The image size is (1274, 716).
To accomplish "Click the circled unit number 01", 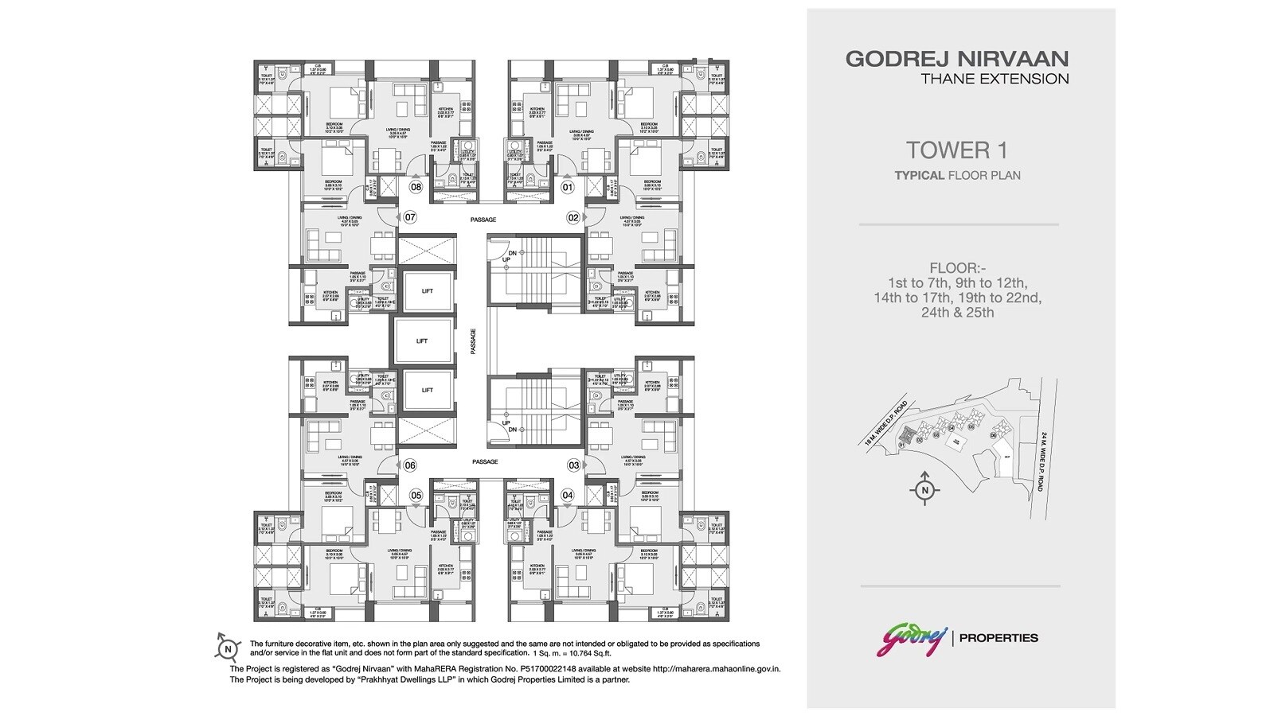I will click(567, 188).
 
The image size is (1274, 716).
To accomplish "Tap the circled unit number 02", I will click(573, 216).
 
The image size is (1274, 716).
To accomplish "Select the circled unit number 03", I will click(573, 465).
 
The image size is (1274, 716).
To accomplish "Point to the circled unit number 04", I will click(567, 495).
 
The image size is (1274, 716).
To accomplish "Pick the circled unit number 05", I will click(416, 495).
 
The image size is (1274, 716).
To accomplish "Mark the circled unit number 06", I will click(410, 465).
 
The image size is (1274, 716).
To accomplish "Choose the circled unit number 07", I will click(410, 216).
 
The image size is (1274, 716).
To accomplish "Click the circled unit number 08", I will click(416, 188).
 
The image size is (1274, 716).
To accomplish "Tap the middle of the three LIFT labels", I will click(422, 340).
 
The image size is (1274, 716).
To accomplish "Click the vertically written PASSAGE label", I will click(472, 340).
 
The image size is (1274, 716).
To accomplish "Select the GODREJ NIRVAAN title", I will click(957, 59).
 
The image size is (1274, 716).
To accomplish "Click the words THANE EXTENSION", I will click(995, 79).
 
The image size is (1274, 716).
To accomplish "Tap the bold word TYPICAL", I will click(919, 175).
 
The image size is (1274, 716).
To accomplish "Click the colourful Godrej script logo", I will click(912, 637).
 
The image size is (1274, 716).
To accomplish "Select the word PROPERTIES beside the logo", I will click(999, 637).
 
